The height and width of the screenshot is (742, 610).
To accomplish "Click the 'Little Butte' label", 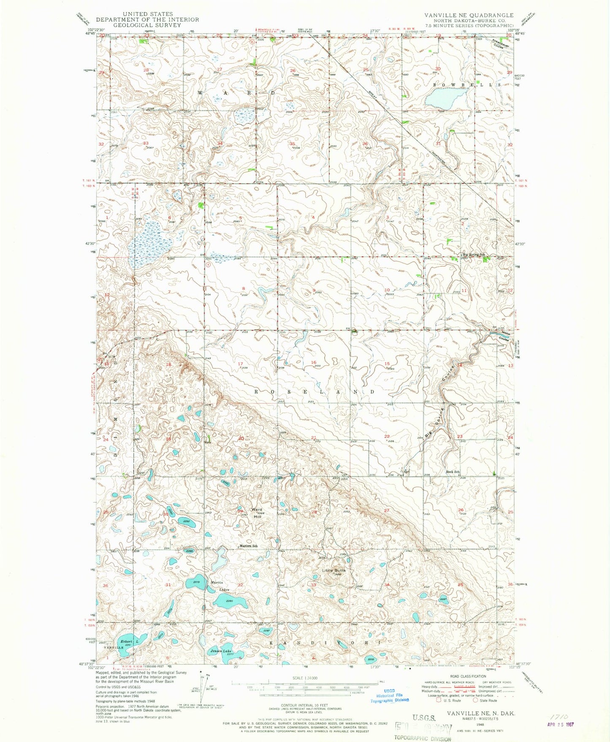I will click(x=333, y=570).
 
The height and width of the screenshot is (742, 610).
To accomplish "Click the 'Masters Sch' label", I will click(x=248, y=546).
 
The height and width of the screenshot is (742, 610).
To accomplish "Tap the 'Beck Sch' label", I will click(x=453, y=472).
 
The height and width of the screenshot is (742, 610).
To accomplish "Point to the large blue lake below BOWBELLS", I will click(x=443, y=100).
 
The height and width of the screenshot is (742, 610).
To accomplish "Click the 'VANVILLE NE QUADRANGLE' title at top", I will click(x=469, y=15).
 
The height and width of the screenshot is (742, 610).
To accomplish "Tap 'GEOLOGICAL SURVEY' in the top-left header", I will click(x=147, y=25).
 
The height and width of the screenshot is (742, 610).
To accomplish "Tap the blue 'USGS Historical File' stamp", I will click(x=389, y=696).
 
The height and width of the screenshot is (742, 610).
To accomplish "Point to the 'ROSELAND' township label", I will click(x=314, y=392).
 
